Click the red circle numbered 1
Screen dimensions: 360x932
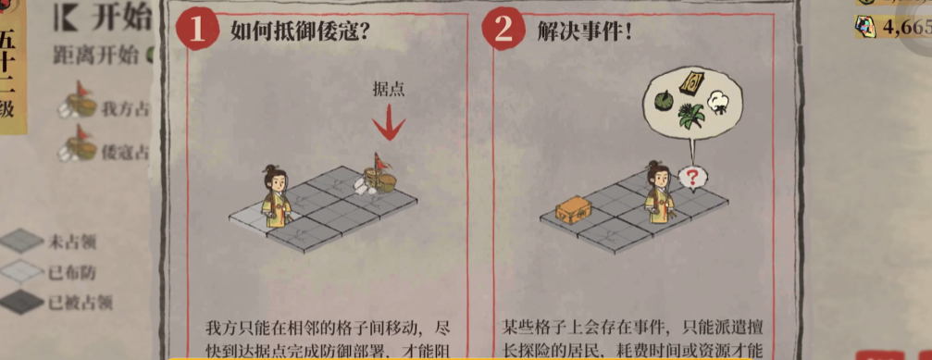(x=197, y=31)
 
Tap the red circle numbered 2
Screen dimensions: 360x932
(x=503, y=31)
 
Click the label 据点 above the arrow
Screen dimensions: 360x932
(x=388, y=90)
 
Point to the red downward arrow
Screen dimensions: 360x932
(x=389, y=123)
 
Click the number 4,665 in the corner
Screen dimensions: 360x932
(x=905, y=28)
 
